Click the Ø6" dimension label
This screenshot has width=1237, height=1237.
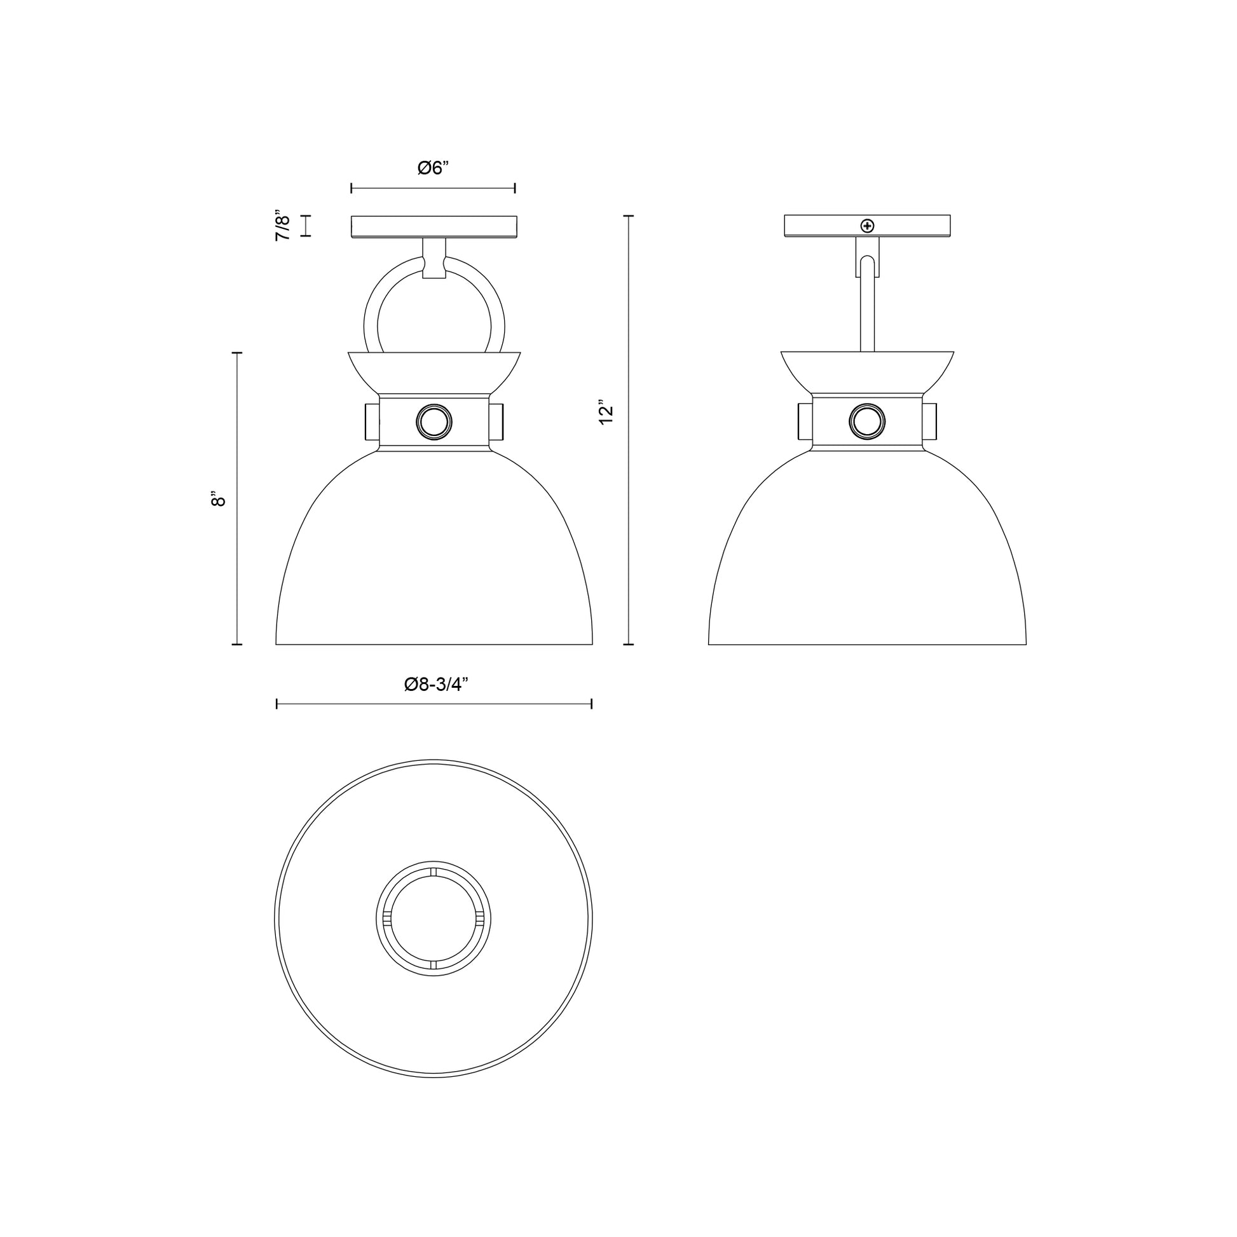(x=433, y=168)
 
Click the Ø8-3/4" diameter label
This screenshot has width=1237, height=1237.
(x=436, y=685)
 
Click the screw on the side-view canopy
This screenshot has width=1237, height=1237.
(x=868, y=226)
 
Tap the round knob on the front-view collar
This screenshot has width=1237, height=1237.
(x=434, y=423)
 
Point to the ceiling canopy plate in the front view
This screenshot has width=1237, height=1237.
(x=434, y=227)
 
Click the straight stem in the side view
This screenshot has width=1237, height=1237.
(x=867, y=314)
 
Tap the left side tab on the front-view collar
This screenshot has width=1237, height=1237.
(x=371, y=421)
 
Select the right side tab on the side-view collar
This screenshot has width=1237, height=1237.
(x=931, y=421)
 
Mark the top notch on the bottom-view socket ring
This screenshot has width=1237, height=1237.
(x=434, y=872)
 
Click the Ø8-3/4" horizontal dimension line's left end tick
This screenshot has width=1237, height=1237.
(x=277, y=704)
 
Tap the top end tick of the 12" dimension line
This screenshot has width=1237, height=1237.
(x=629, y=216)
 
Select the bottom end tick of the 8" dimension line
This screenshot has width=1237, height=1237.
(x=237, y=644)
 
